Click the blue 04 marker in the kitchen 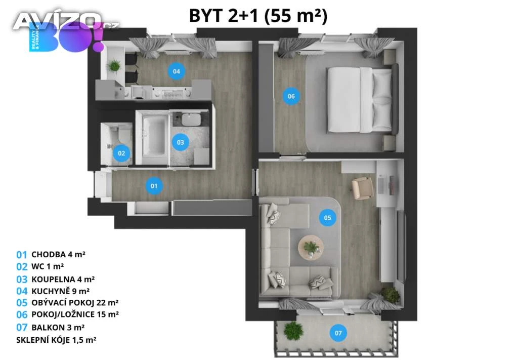177,71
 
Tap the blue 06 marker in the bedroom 291,96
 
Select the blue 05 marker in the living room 327,218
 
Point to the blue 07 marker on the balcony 338,333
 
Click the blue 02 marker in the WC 121,153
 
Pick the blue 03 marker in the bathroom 181,142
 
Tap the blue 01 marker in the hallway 154,186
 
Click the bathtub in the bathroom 154,136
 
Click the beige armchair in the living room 362,188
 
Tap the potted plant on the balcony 293,331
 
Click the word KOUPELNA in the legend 53,279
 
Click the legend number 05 22,303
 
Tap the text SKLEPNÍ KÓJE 42,340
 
